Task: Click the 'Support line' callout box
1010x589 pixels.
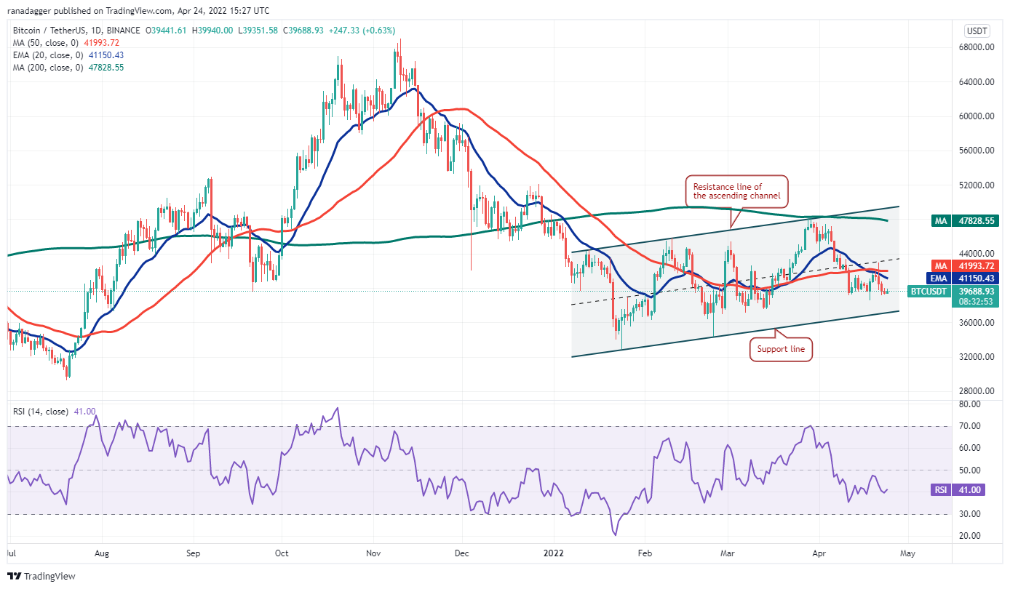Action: (x=782, y=350)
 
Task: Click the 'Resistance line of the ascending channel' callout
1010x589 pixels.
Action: (x=736, y=191)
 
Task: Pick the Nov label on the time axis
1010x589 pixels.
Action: (x=373, y=553)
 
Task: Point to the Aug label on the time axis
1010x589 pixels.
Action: (x=102, y=553)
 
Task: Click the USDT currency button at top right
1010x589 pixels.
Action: (x=975, y=31)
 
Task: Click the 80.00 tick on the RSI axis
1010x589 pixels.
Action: (x=968, y=404)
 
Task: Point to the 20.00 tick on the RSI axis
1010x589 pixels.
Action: (x=968, y=536)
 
